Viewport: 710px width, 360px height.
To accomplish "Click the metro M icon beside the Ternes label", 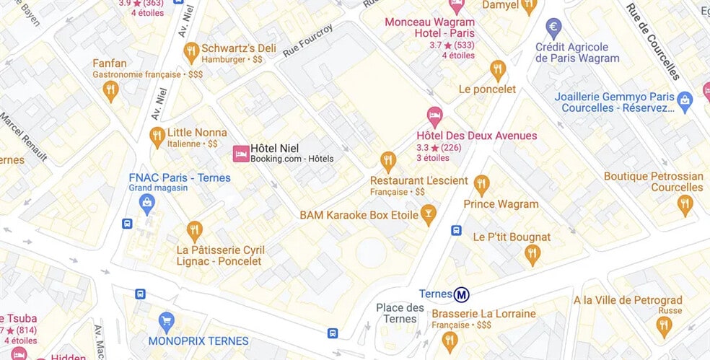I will (x=462, y=294).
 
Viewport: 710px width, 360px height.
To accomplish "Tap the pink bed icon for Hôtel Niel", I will (x=241, y=153).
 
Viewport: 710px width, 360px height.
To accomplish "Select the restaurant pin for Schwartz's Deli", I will (x=191, y=51).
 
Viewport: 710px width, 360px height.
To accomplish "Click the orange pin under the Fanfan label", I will (x=110, y=90).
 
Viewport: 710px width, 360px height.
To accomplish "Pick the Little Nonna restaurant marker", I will (x=157, y=135).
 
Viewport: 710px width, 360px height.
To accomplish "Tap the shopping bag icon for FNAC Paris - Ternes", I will (x=147, y=202).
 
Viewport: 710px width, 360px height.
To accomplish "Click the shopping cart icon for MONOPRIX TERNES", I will (x=167, y=321).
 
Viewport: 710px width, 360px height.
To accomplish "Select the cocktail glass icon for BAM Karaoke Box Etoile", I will (x=429, y=214).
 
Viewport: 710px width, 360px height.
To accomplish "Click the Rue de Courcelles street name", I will (x=652, y=42).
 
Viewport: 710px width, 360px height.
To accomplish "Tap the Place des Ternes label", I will (x=400, y=314).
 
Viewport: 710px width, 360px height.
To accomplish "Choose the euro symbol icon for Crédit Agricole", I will (x=554, y=29).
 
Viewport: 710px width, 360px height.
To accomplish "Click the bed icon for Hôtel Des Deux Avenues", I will (x=434, y=115).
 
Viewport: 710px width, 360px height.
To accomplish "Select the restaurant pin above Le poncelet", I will (x=497, y=70).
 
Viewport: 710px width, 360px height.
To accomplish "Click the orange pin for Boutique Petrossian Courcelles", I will (x=685, y=205).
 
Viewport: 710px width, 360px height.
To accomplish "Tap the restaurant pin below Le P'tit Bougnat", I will (x=532, y=254).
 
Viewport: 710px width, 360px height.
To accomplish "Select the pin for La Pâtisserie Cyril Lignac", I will (x=194, y=230).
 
